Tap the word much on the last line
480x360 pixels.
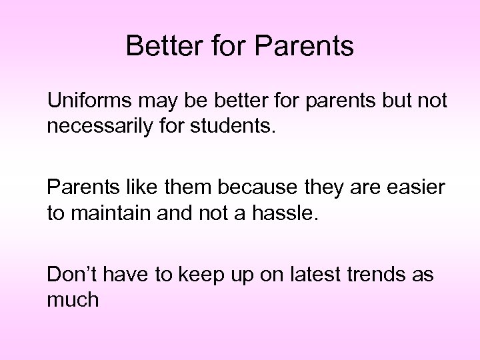pos(73,301)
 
